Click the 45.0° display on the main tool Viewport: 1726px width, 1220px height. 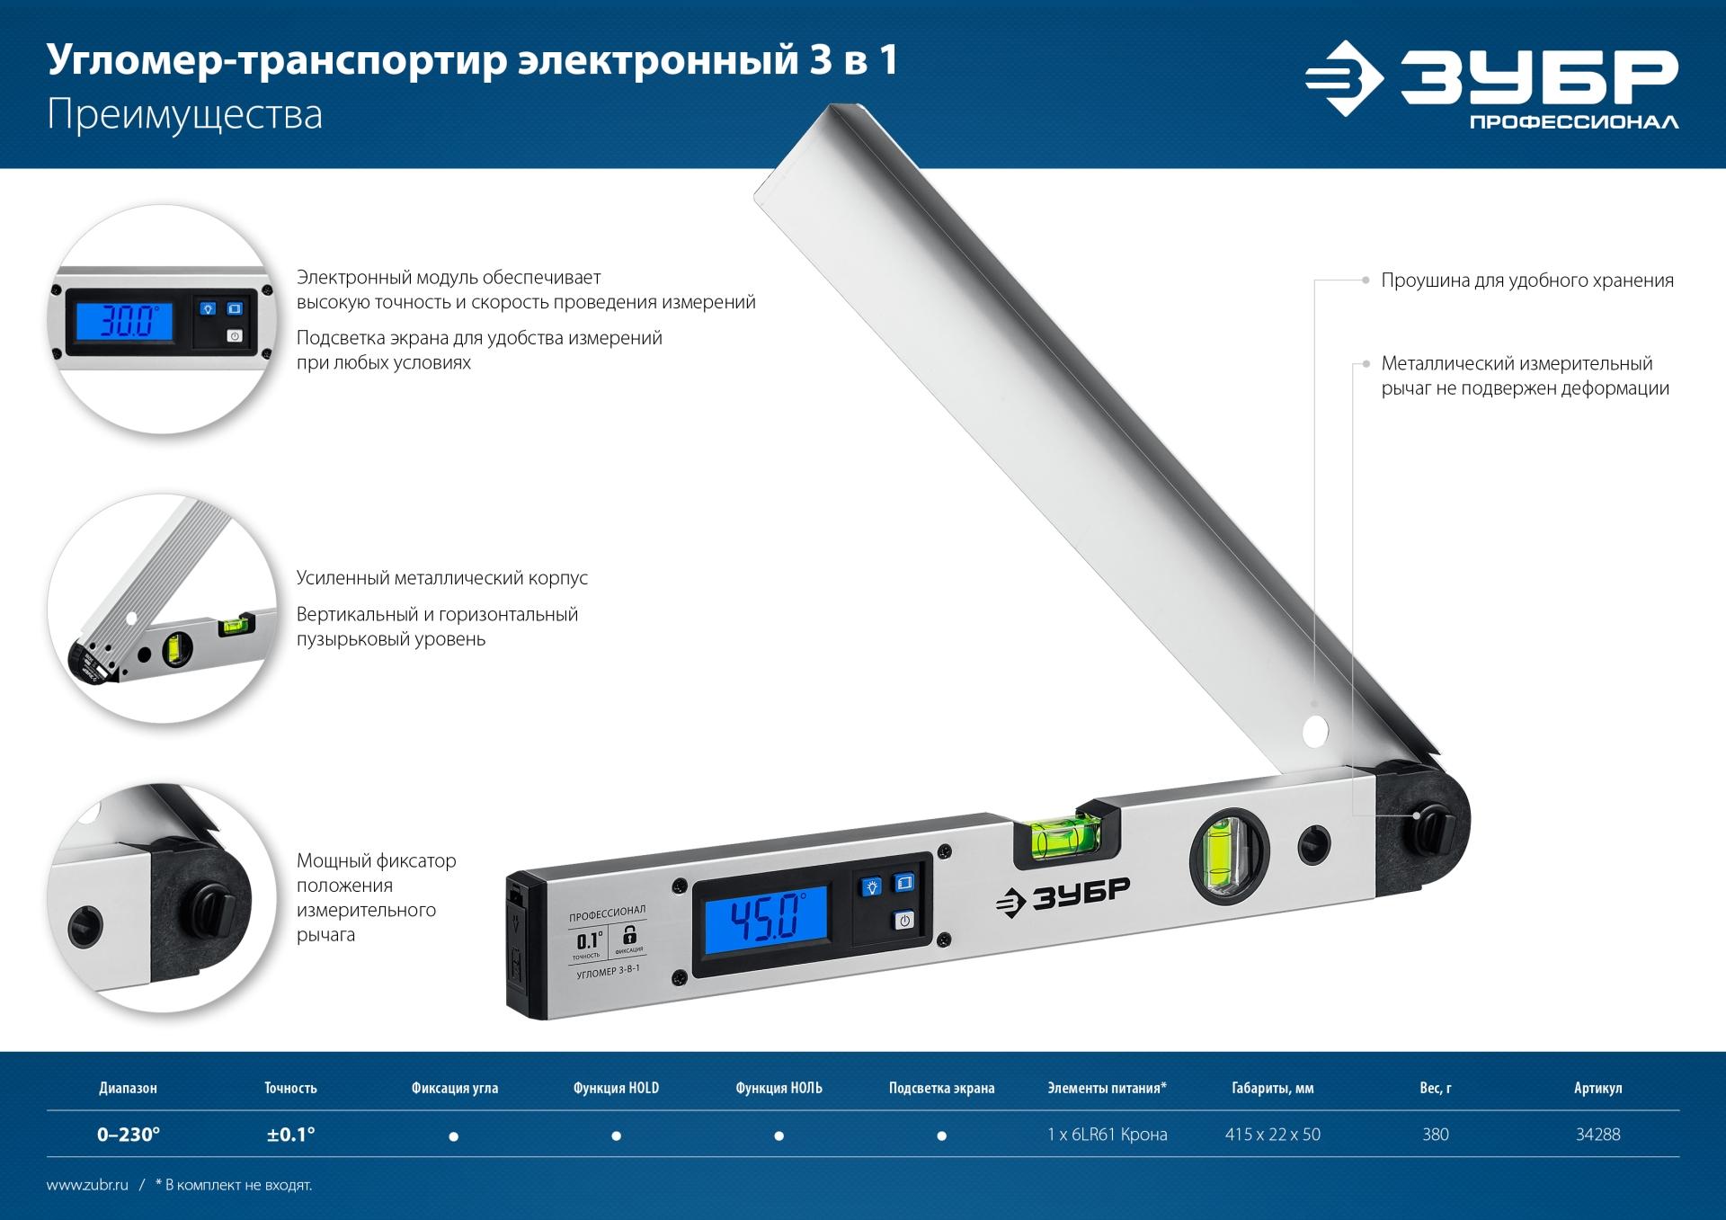[x=764, y=920]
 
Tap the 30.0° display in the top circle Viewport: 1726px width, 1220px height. [x=125, y=320]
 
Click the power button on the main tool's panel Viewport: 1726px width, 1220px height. [x=903, y=920]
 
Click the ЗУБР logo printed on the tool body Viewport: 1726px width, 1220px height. [x=1063, y=894]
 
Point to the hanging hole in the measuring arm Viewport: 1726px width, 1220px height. [x=1315, y=730]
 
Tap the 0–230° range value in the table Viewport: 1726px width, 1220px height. [x=129, y=1135]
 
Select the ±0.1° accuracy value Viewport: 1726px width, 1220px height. [x=290, y=1135]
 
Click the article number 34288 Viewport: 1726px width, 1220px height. [x=1597, y=1135]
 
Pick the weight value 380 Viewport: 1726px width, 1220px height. [x=1435, y=1135]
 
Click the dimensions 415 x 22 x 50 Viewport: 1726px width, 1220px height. [x=1272, y=1135]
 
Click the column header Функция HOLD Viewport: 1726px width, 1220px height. [x=616, y=1088]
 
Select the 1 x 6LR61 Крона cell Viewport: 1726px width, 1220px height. [x=1107, y=1135]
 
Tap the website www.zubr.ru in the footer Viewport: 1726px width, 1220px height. [x=87, y=1185]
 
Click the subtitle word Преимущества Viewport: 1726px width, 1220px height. [x=184, y=117]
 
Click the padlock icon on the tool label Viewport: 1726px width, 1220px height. [x=629, y=934]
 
